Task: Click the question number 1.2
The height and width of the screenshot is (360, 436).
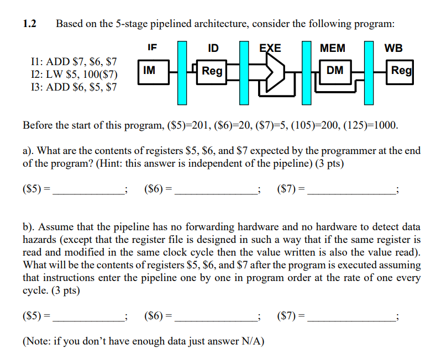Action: click(x=29, y=24)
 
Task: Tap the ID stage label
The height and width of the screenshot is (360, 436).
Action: click(x=212, y=48)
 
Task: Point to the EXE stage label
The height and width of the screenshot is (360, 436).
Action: click(x=270, y=48)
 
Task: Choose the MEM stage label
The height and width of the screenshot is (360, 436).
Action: click(x=333, y=48)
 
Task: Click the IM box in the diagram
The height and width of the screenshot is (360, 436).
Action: click(x=149, y=70)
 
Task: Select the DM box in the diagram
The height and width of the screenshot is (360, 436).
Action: click(x=334, y=70)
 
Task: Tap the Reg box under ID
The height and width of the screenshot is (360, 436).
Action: click(x=212, y=71)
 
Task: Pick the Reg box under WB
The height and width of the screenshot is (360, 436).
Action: click(x=401, y=70)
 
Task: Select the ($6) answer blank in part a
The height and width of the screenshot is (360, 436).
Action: click(x=216, y=189)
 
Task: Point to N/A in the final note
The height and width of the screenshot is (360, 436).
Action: click(x=252, y=341)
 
